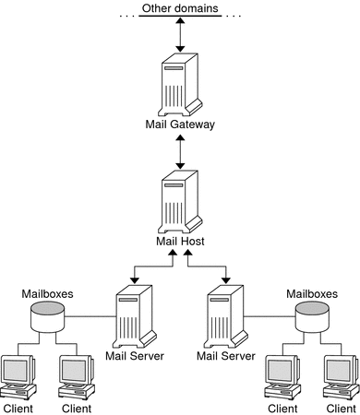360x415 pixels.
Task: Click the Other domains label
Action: (x=179, y=9)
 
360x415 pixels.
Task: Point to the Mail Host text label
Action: (x=179, y=242)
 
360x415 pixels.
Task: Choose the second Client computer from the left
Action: (x=77, y=376)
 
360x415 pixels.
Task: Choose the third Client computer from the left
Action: (x=282, y=376)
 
